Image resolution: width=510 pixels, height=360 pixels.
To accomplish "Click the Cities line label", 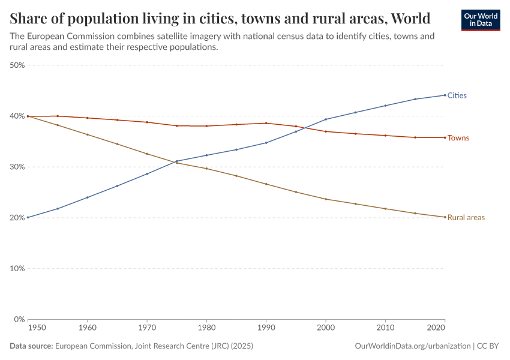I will [x=457, y=95].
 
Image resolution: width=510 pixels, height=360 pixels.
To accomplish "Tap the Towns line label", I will [x=458, y=138].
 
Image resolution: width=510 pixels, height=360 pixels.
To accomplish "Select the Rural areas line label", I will [x=466, y=217].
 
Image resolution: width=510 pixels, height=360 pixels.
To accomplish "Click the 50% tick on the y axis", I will [x=17, y=65].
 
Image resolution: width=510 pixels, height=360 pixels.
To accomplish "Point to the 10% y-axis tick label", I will [x=17, y=268].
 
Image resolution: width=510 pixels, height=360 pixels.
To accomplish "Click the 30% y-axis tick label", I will [x=17, y=167].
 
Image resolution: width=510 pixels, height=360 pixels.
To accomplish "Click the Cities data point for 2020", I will [x=445, y=95].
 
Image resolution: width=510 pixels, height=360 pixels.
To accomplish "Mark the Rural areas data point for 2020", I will [x=445, y=217].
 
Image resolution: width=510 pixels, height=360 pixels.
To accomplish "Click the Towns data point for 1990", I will [x=266, y=123].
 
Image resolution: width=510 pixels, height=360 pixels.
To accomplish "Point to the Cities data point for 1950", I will [x=28, y=217].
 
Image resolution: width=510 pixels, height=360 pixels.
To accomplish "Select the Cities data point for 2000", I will [x=326, y=119].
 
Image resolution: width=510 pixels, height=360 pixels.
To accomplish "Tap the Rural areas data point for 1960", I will [x=88, y=134].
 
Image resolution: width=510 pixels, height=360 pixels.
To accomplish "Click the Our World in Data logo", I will [x=481, y=20].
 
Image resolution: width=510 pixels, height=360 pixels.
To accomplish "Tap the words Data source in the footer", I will [x=31, y=346].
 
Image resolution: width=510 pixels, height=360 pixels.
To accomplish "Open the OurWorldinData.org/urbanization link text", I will [x=413, y=346].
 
